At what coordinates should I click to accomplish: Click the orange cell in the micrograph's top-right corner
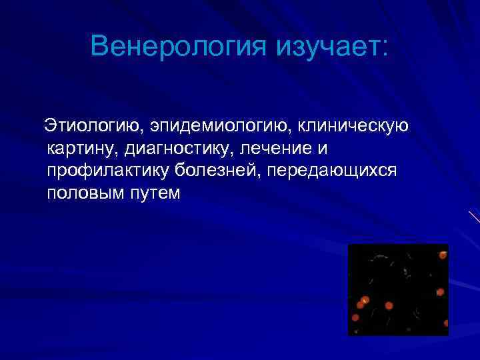(x=443, y=254)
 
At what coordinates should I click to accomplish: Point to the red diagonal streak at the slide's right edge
(x=474, y=216)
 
